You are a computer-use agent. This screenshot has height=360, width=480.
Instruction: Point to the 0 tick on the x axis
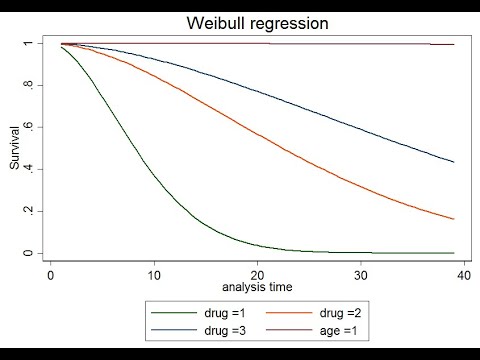click(x=50, y=273)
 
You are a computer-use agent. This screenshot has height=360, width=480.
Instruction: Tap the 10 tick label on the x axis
click(x=153, y=273)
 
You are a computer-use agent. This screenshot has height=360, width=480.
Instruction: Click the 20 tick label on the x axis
click(x=257, y=273)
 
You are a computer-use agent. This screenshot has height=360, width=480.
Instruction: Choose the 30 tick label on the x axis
click(x=361, y=273)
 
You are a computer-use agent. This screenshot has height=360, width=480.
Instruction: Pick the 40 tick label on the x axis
click(x=464, y=273)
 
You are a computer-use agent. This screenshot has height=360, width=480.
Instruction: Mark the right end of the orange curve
click(x=454, y=219)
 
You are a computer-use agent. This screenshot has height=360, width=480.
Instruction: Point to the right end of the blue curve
click(x=454, y=162)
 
